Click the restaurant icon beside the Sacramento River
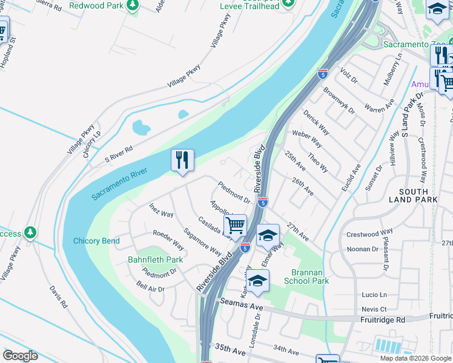182,161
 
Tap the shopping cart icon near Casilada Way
235,226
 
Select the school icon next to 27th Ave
267,236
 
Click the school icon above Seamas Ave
257,281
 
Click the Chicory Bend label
96,241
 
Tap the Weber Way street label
306,137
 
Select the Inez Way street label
162,211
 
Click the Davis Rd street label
58,296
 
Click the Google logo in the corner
20,356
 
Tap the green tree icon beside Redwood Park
133,5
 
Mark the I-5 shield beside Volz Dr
322,74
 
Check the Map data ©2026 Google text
415,358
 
